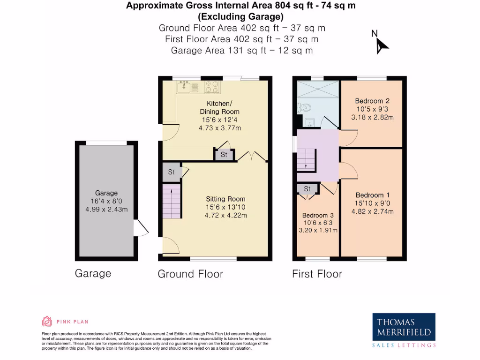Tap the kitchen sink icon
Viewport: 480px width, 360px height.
coord(183,86)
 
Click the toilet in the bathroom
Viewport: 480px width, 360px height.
coord(305,107)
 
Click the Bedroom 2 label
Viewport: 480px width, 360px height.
coord(372,101)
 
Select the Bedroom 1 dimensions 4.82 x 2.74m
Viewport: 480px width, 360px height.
coord(372,211)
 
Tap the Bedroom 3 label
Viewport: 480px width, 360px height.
coord(318,215)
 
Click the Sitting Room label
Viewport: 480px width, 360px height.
coord(225,199)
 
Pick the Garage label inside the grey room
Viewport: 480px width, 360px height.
coord(106,193)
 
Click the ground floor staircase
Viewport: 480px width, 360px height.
coord(172,201)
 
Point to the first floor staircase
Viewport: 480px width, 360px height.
coord(307,160)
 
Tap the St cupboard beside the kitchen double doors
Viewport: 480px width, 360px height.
coord(224,155)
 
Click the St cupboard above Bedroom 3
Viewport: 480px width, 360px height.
coord(307,189)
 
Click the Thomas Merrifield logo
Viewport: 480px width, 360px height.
coord(404,330)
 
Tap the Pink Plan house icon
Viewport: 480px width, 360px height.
coord(47,322)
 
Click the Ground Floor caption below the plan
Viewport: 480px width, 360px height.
coord(190,274)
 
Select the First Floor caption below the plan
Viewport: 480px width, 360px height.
coord(317,274)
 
